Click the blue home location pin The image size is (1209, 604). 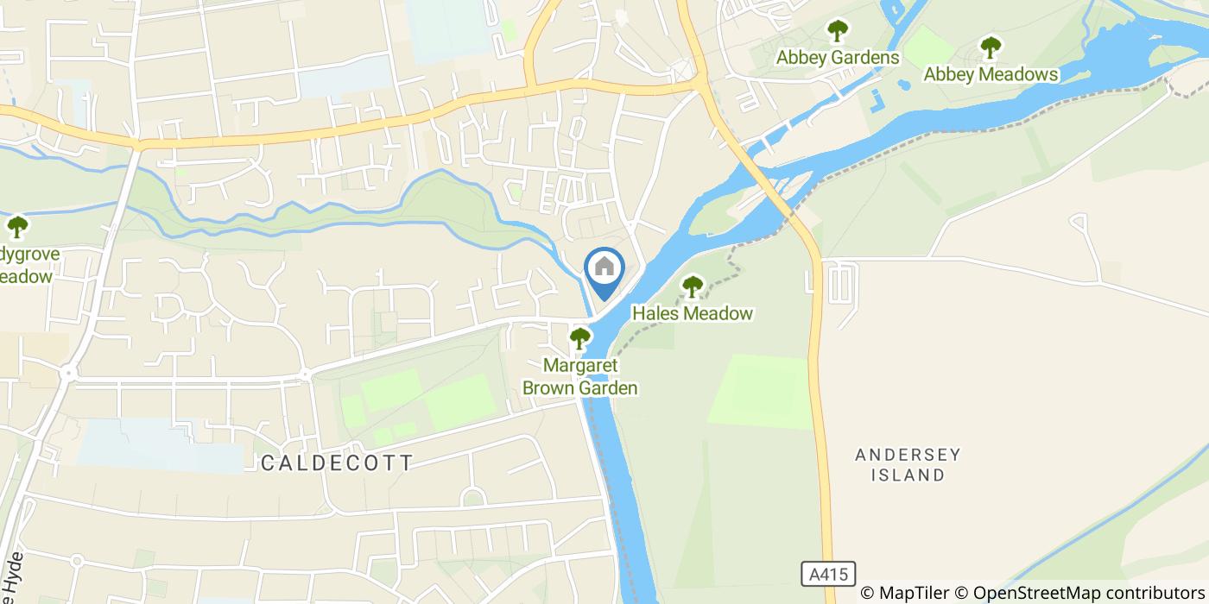pyautogui.click(x=604, y=270)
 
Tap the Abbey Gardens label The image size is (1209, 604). pyautogui.click(x=838, y=58)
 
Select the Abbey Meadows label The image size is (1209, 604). pyautogui.click(x=991, y=75)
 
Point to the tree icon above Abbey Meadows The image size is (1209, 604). pyautogui.click(x=991, y=47)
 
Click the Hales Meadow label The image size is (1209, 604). pyautogui.click(x=693, y=313)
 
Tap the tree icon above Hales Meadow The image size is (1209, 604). pyautogui.click(x=693, y=286)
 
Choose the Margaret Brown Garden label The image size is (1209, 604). pyautogui.click(x=580, y=377)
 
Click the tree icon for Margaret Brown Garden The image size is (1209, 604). pyautogui.click(x=580, y=338)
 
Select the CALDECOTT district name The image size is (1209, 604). pyautogui.click(x=337, y=463)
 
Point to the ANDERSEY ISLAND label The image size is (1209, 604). pyautogui.click(x=908, y=464)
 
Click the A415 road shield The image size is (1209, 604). pyautogui.click(x=827, y=574)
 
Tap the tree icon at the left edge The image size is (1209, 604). pyautogui.click(x=17, y=228)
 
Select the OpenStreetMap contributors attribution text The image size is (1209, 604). pyautogui.click(x=1079, y=593)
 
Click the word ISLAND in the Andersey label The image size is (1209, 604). pyautogui.click(x=908, y=475)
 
